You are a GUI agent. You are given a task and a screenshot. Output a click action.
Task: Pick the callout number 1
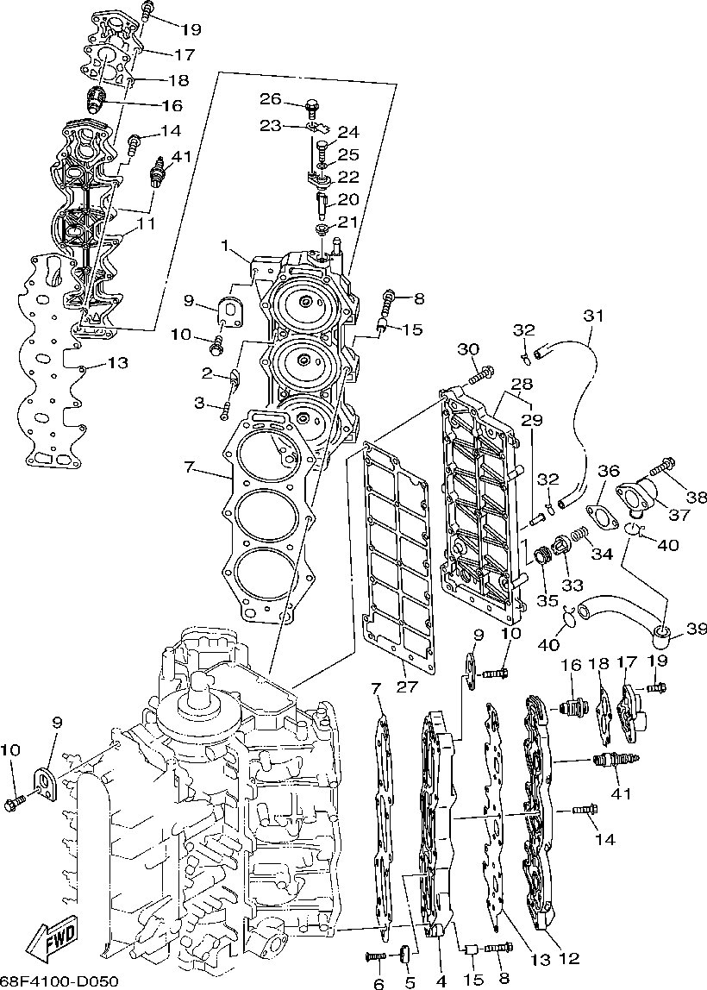pyautogui.click(x=226, y=246)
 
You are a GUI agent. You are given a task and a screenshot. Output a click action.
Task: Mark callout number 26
pyautogui.click(x=272, y=100)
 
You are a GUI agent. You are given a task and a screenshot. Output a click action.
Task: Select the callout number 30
pyautogui.click(x=467, y=349)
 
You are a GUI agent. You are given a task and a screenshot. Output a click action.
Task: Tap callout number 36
pyautogui.click(x=609, y=471)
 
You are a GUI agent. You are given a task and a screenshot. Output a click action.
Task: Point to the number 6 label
pyautogui.click(x=378, y=983)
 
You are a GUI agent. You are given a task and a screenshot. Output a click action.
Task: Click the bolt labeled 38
pyautogui.click(x=663, y=467)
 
